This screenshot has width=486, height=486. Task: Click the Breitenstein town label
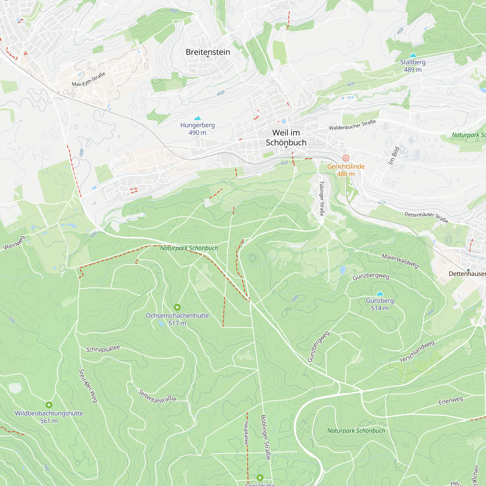[x=208, y=52]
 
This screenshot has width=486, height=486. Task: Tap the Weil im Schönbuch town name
[x=286, y=138]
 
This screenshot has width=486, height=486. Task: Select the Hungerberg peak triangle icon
[x=198, y=118]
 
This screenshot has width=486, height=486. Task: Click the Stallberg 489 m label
[x=413, y=66]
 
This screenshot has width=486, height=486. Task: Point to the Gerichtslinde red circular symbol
[x=346, y=158]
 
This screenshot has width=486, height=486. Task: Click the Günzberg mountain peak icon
[x=380, y=293]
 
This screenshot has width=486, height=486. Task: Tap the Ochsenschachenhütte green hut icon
[x=177, y=307]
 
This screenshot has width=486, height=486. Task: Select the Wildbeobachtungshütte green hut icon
[x=49, y=405]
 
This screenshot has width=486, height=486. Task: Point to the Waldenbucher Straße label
[x=352, y=125]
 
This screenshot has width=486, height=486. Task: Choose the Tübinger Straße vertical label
[x=321, y=199]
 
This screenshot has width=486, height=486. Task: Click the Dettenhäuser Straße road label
[x=426, y=217]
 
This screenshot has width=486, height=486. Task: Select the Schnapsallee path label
[x=103, y=349]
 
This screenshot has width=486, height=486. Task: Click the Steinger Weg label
[x=88, y=386]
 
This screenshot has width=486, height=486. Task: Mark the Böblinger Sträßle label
[x=265, y=437]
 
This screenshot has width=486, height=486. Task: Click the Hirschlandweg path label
[x=417, y=351]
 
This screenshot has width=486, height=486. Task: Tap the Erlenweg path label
[x=451, y=401]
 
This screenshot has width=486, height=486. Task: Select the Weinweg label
[x=14, y=243]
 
